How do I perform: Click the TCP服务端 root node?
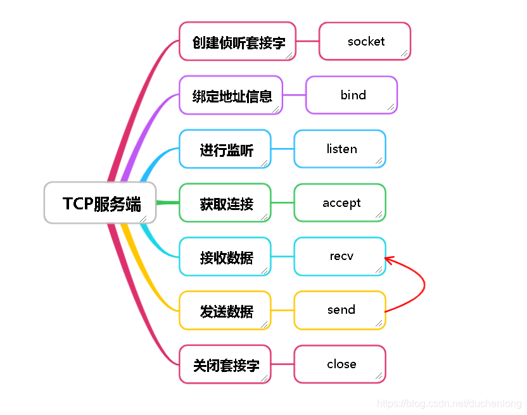[x=100, y=203]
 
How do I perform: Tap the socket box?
[x=365, y=42]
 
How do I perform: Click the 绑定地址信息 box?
[x=231, y=96]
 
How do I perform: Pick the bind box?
[x=352, y=96]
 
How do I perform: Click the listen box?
[x=340, y=149]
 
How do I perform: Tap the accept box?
[x=340, y=203]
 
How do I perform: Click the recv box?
[x=340, y=257]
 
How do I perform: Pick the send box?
[x=340, y=311]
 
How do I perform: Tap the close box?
[x=340, y=364]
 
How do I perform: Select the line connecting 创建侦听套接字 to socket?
[x=307, y=42]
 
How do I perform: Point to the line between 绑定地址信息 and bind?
[x=294, y=96]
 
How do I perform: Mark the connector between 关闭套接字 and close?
[x=283, y=364]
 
